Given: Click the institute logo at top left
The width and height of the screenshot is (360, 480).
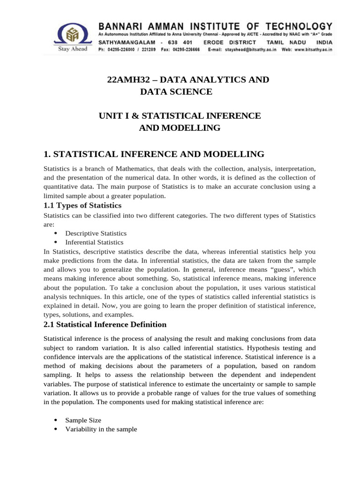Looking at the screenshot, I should [x=72, y=35].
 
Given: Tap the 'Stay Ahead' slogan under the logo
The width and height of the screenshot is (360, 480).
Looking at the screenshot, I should [x=72, y=50].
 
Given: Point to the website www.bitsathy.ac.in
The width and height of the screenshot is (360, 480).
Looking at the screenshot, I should [x=309, y=49].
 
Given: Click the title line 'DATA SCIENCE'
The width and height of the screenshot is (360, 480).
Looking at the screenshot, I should [x=176, y=92].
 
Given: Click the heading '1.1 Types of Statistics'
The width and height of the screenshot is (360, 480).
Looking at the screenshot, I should [x=82, y=205].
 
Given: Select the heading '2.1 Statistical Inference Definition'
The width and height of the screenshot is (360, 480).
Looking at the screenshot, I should [x=105, y=324].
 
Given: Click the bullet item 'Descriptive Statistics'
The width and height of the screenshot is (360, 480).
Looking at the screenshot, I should [x=96, y=233].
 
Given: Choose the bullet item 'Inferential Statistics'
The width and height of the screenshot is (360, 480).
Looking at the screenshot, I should [x=94, y=242].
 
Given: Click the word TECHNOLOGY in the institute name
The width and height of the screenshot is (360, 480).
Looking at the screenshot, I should [x=299, y=26].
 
